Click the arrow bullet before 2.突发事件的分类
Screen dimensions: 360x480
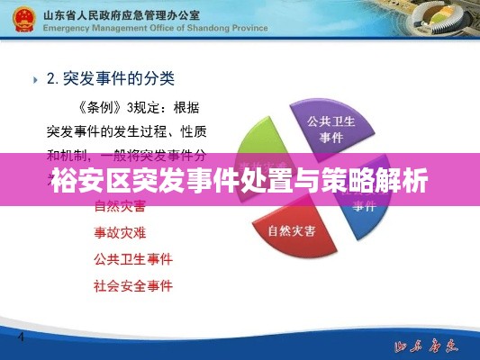tap(34, 79)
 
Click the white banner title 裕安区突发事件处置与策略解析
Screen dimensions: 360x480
tap(240, 180)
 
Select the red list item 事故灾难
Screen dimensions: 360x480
tap(121, 232)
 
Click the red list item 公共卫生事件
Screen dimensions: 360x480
tap(133, 259)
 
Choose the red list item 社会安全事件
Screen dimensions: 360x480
tap(133, 286)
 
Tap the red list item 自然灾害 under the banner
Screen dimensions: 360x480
tap(121, 206)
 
